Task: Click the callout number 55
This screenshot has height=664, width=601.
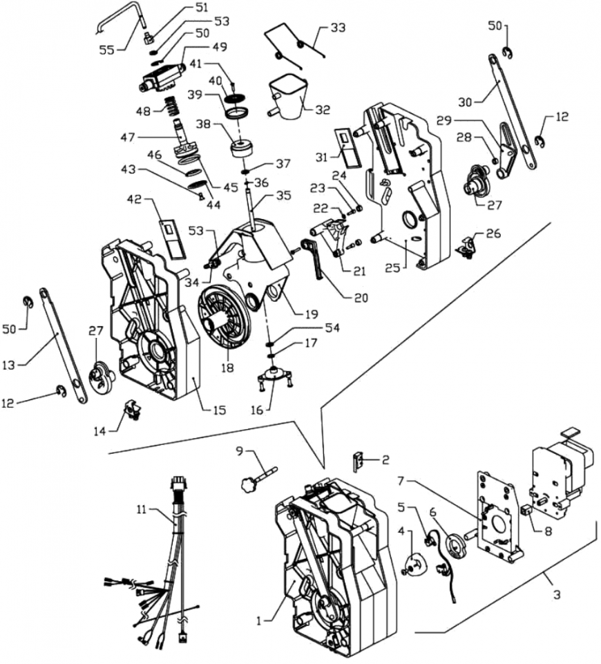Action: [x=106, y=49]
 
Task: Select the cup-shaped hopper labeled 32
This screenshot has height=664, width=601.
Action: [x=288, y=97]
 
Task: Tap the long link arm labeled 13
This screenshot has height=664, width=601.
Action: [x=65, y=345]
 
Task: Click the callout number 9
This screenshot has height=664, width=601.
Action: [x=239, y=451]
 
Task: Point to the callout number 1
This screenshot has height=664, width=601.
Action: [x=260, y=621]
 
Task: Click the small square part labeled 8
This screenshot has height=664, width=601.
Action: [x=526, y=513]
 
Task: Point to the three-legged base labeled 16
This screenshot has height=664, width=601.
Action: [x=276, y=380]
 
